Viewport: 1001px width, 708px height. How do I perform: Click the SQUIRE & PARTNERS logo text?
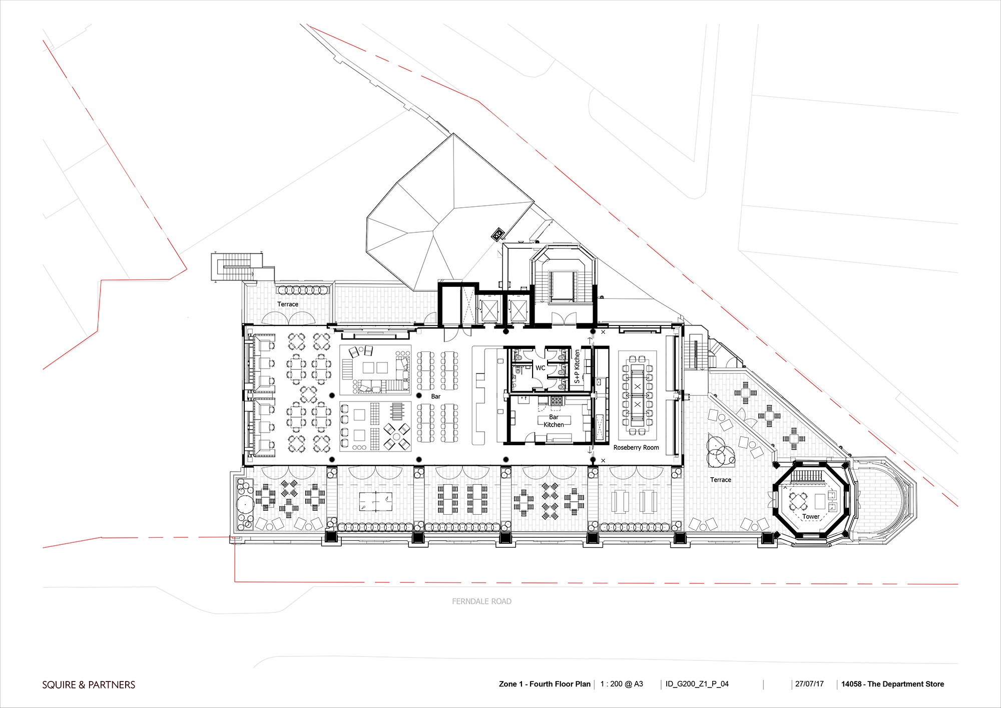point(89,685)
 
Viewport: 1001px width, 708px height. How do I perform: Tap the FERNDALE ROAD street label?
point(481,601)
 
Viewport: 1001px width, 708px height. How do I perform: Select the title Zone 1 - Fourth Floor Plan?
point(545,684)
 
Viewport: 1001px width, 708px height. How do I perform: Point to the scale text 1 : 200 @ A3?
point(622,684)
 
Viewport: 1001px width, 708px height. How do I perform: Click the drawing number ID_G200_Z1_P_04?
point(697,684)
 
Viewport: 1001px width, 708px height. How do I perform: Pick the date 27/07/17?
point(809,684)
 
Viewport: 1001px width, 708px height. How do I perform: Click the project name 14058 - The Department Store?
point(892,684)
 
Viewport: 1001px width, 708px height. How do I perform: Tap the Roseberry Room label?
point(636,448)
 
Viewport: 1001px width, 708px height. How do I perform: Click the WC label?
point(541,368)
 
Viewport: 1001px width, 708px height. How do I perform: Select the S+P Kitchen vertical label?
point(577,367)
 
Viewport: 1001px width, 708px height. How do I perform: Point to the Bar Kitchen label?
point(554,421)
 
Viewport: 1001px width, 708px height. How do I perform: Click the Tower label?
point(811,517)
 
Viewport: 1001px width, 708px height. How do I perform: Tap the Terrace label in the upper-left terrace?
point(288,304)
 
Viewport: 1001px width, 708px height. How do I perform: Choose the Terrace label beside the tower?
point(721,480)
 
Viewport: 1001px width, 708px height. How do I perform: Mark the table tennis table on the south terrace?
point(375,500)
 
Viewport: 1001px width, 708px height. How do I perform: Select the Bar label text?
point(435,397)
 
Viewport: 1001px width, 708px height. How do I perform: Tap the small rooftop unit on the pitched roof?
point(497,234)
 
